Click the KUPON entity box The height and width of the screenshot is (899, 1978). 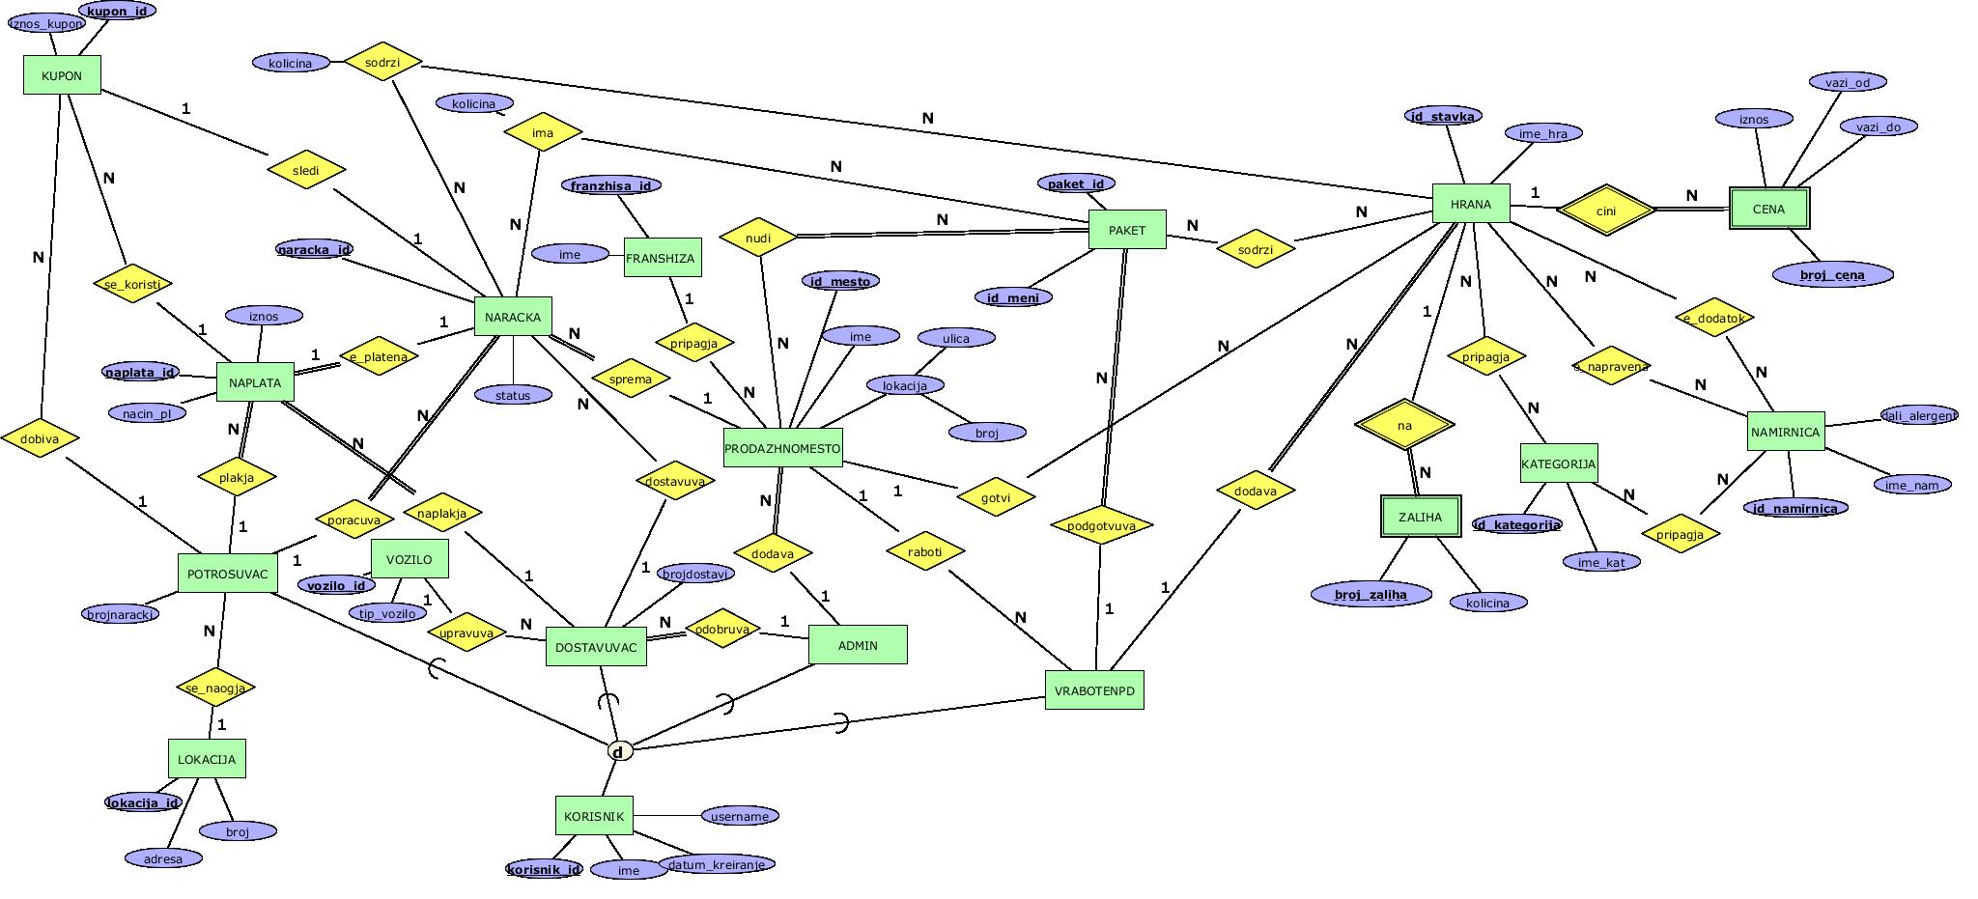click(62, 75)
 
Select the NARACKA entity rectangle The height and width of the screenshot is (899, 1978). click(513, 317)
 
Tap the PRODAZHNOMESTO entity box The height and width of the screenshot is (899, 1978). click(782, 448)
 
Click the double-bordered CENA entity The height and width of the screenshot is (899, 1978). click(1768, 209)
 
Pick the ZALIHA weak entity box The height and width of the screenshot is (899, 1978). click(1420, 518)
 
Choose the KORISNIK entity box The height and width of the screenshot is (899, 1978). click(594, 816)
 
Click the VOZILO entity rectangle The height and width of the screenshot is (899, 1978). click(410, 559)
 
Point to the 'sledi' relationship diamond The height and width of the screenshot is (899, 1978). click(306, 171)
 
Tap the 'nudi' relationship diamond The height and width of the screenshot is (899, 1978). click(758, 238)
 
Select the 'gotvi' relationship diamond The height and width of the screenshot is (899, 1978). click(996, 497)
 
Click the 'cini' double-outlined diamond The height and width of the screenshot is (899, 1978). click(1606, 211)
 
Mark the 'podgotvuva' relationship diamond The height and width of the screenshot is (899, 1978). click(1101, 526)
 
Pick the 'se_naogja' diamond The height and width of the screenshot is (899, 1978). click(216, 688)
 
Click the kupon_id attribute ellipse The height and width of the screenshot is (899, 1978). click(117, 12)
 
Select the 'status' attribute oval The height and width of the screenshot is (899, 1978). click(513, 395)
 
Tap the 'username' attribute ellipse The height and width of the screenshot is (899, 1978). click(740, 817)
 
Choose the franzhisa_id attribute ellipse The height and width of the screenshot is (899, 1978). click(610, 185)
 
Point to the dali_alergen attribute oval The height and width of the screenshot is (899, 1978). click(1918, 415)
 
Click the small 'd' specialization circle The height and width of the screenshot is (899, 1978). click(619, 751)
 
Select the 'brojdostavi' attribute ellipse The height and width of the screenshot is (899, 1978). click(695, 574)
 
